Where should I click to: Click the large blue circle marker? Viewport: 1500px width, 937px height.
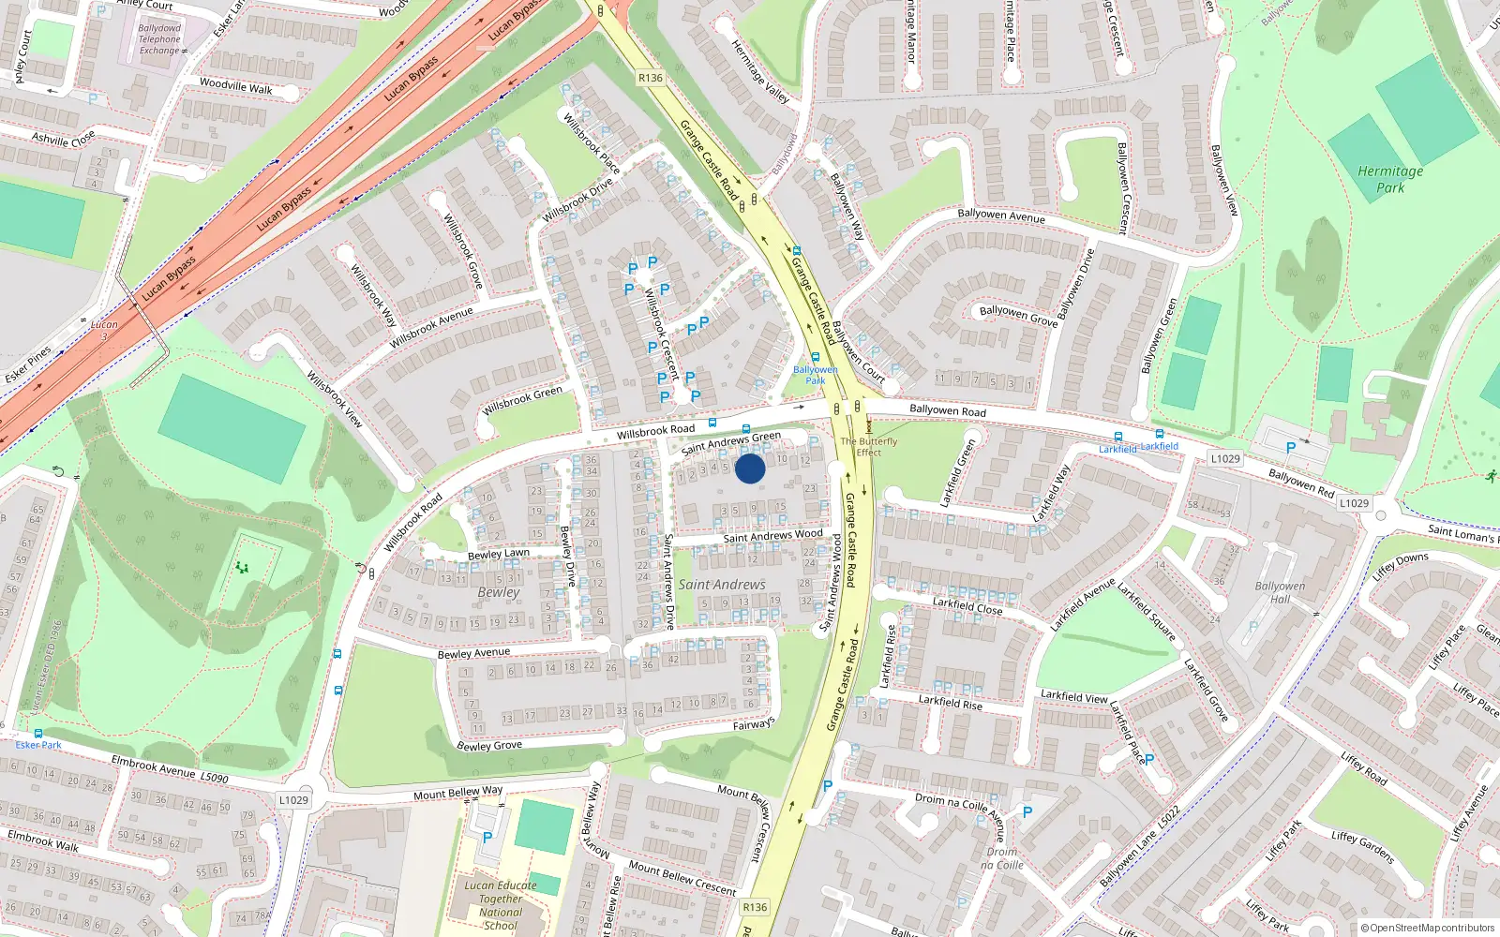[750, 468]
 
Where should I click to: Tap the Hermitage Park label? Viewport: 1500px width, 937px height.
[1390, 179]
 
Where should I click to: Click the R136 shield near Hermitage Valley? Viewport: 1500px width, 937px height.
[650, 78]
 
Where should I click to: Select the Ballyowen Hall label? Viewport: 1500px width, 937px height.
[1280, 592]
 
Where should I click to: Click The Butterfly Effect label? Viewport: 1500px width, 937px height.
[869, 447]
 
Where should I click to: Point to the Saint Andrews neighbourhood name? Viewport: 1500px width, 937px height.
[722, 585]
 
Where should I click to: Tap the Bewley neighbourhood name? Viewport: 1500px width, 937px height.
[498, 592]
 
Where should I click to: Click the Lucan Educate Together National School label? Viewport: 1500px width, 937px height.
[501, 905]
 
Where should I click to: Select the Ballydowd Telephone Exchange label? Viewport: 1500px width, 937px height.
[159, 39]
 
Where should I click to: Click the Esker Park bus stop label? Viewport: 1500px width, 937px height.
[38, 745]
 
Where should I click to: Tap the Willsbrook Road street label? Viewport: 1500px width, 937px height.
[655, 431]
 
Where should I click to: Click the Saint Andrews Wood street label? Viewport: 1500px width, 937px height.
[772, 536]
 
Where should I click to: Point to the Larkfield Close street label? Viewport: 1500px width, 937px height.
[967, 606]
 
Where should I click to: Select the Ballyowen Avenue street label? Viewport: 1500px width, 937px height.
[1001, 216]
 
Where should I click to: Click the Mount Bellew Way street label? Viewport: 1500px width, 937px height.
[457, 793]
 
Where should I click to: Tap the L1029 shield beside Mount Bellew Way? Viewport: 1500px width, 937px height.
[293, 799]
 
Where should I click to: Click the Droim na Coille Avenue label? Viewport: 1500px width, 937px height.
[960, 811]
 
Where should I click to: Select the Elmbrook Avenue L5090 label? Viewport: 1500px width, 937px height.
[169, 769]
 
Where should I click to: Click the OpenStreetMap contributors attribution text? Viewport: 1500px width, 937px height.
[1427, 928]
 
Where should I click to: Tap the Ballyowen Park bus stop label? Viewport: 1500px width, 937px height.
[816, 375]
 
